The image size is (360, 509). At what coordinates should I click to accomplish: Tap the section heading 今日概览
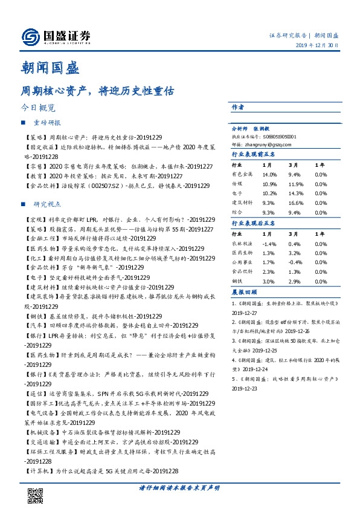click(x=38, y=108)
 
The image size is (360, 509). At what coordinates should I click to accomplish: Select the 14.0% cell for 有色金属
click(x=269, y=173)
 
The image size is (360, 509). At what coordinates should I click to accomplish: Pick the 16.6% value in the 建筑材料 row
click(x=295, y=203)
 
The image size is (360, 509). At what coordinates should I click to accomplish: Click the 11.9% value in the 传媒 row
click(x=295, y=183)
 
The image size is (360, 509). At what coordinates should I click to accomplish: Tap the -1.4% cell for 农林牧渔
click(x=269, y=244)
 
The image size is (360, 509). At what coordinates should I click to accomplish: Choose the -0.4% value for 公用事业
click(x=295, y=263)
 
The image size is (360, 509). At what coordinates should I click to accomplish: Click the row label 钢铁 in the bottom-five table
click(x=237, y=282)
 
